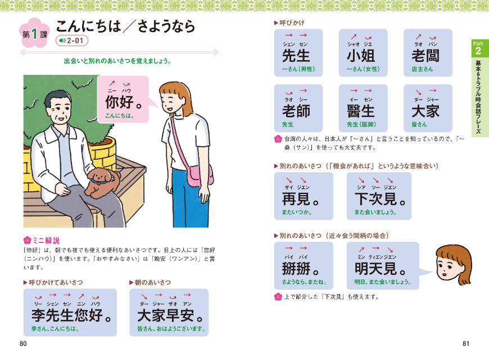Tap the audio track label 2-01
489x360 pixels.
tap(71, 40)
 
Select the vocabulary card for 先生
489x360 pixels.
tap(298, 53)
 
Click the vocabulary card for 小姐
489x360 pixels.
tap(363, 53)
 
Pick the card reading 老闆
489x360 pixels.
tap(428, 53)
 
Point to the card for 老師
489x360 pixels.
tap(298, 108)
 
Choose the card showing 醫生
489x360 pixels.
tap(363, 108)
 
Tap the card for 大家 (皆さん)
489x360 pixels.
tap(428, 108)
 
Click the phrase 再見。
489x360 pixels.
tap(302, 196)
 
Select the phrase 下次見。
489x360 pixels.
tap(379, 196)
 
